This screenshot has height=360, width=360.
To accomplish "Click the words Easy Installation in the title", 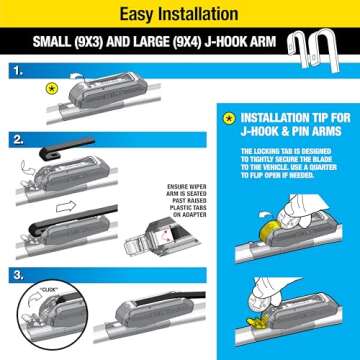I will pyautogui.click(x=180, y=15).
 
